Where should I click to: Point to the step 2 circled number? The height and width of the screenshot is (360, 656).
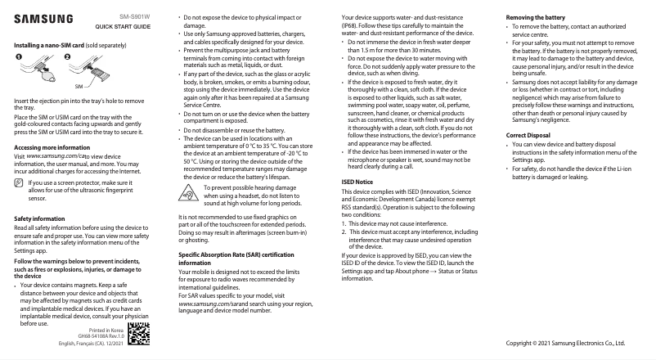[67, 56]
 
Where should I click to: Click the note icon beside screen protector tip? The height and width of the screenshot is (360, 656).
[20, 161]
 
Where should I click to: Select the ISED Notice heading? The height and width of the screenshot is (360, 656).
[357, 181]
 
